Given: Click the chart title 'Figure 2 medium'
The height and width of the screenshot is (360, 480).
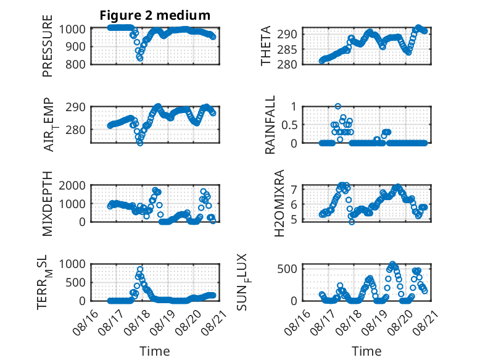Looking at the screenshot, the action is [155, 15].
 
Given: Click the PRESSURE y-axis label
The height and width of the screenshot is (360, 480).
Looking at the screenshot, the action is [48, 46].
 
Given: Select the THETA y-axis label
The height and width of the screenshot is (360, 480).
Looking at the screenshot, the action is [266, 46].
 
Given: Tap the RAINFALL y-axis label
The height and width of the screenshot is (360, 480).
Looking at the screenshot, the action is [270, 124].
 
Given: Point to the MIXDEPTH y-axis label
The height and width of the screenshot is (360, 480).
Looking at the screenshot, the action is [48, 203].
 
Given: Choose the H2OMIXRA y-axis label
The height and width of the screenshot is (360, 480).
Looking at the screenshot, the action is [279, 203].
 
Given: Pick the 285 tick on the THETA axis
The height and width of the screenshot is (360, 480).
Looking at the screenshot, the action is [287, 49].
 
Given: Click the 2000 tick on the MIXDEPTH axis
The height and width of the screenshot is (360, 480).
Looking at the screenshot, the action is [72, 185].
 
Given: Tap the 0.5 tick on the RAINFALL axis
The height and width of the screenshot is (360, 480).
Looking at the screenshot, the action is [289, 125].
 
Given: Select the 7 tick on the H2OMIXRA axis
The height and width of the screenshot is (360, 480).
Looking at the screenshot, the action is [294, 190].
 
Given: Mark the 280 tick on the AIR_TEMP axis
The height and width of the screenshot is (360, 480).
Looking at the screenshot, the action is [76, 130].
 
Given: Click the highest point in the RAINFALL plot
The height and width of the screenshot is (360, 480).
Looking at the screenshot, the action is [337, 106].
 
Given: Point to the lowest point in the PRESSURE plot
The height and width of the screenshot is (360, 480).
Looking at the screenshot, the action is [140, 58].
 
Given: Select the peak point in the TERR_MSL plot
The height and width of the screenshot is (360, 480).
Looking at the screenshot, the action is [140, 269].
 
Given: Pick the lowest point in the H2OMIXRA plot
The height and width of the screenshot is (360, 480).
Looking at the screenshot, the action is [352, 222].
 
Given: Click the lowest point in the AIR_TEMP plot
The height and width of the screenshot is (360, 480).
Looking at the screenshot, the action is [140, 143].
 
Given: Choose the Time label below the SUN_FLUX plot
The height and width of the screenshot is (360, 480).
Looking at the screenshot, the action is [366, 351].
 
